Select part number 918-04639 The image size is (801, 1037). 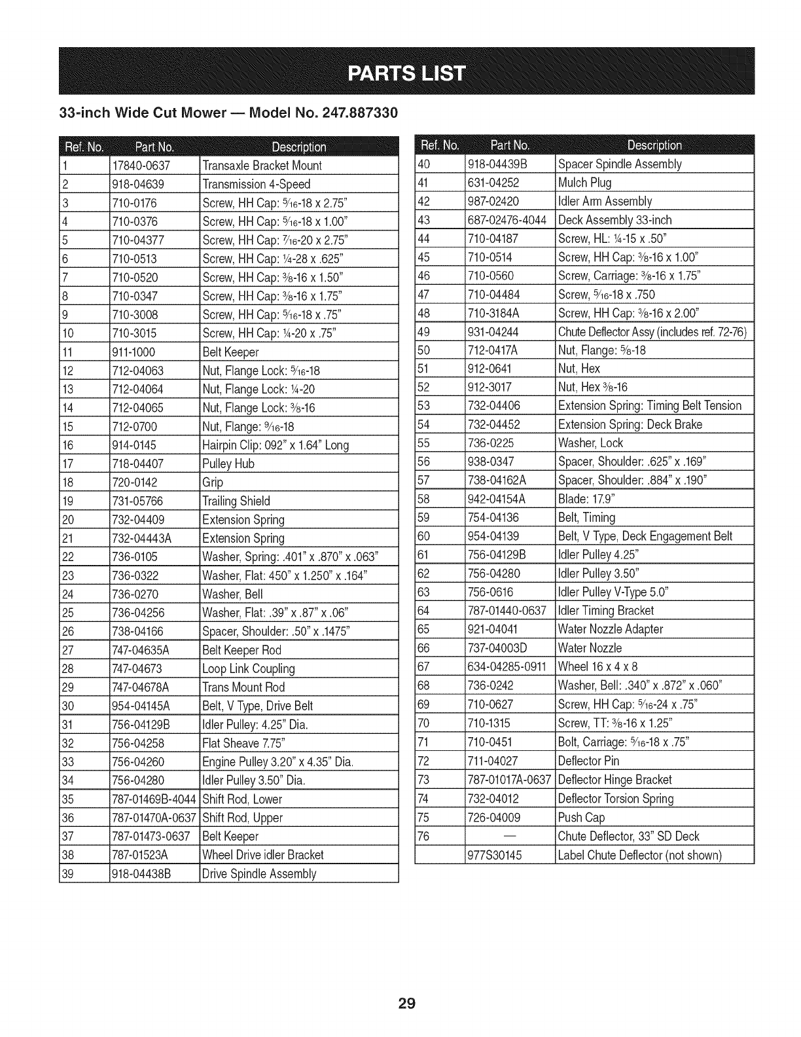coord(138,184)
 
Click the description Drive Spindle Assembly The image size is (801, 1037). coord(260,874)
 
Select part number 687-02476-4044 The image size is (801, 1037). coord(507,220)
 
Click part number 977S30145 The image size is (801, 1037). coord(495,855)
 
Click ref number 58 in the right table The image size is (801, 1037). coord(423,499)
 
